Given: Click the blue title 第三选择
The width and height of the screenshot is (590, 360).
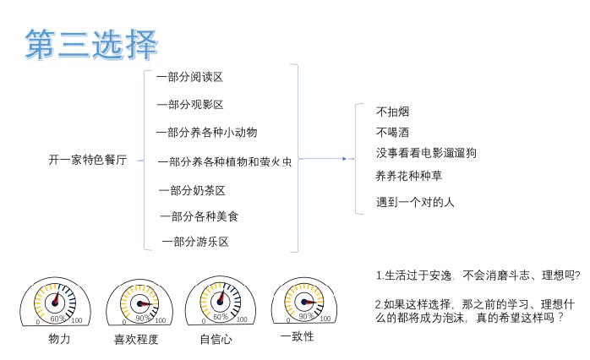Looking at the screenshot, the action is [x=91, y=45].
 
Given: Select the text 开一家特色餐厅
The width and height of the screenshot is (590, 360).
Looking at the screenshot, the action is [x=88, y=160].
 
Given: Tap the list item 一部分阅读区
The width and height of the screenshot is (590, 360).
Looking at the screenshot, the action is [x=189, y=77].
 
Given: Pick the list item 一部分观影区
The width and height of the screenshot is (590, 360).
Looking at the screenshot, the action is [x=190, y=105].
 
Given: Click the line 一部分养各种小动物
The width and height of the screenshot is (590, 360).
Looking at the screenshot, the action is [x=206, y=133].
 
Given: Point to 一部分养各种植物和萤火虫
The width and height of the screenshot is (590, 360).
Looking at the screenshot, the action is [x=225, y=161].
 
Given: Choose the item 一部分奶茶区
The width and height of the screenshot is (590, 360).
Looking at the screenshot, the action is [x=192, y=191].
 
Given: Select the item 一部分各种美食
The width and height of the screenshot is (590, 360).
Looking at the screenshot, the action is [x=199, y=216].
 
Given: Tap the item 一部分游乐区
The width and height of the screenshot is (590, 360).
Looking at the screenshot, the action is [x=195, y=242].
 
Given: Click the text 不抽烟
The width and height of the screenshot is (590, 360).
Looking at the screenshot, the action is [x=392, y=112].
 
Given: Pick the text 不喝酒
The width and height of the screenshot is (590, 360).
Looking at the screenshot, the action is [x=392, y=133].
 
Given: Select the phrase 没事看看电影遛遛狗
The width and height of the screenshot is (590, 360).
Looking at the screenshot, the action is [x=426, y=153].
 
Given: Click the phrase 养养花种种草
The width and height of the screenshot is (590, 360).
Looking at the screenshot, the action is [x=409, y=176].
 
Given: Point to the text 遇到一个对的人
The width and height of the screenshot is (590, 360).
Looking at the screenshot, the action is [x=415, y=202].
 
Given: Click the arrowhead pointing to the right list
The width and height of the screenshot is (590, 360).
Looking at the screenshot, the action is [x=344, y=159].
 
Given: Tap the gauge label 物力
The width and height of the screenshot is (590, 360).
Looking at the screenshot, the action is [x=59, y=339].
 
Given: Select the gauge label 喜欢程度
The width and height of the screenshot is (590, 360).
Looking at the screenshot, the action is [x=136, y=340].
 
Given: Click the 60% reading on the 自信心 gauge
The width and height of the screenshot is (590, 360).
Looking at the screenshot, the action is [x=221, y=317].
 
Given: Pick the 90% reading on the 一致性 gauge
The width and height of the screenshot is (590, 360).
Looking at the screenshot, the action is [x=306, y=316].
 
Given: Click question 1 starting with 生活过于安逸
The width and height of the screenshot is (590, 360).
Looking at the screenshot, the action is [x=478, y=275].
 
